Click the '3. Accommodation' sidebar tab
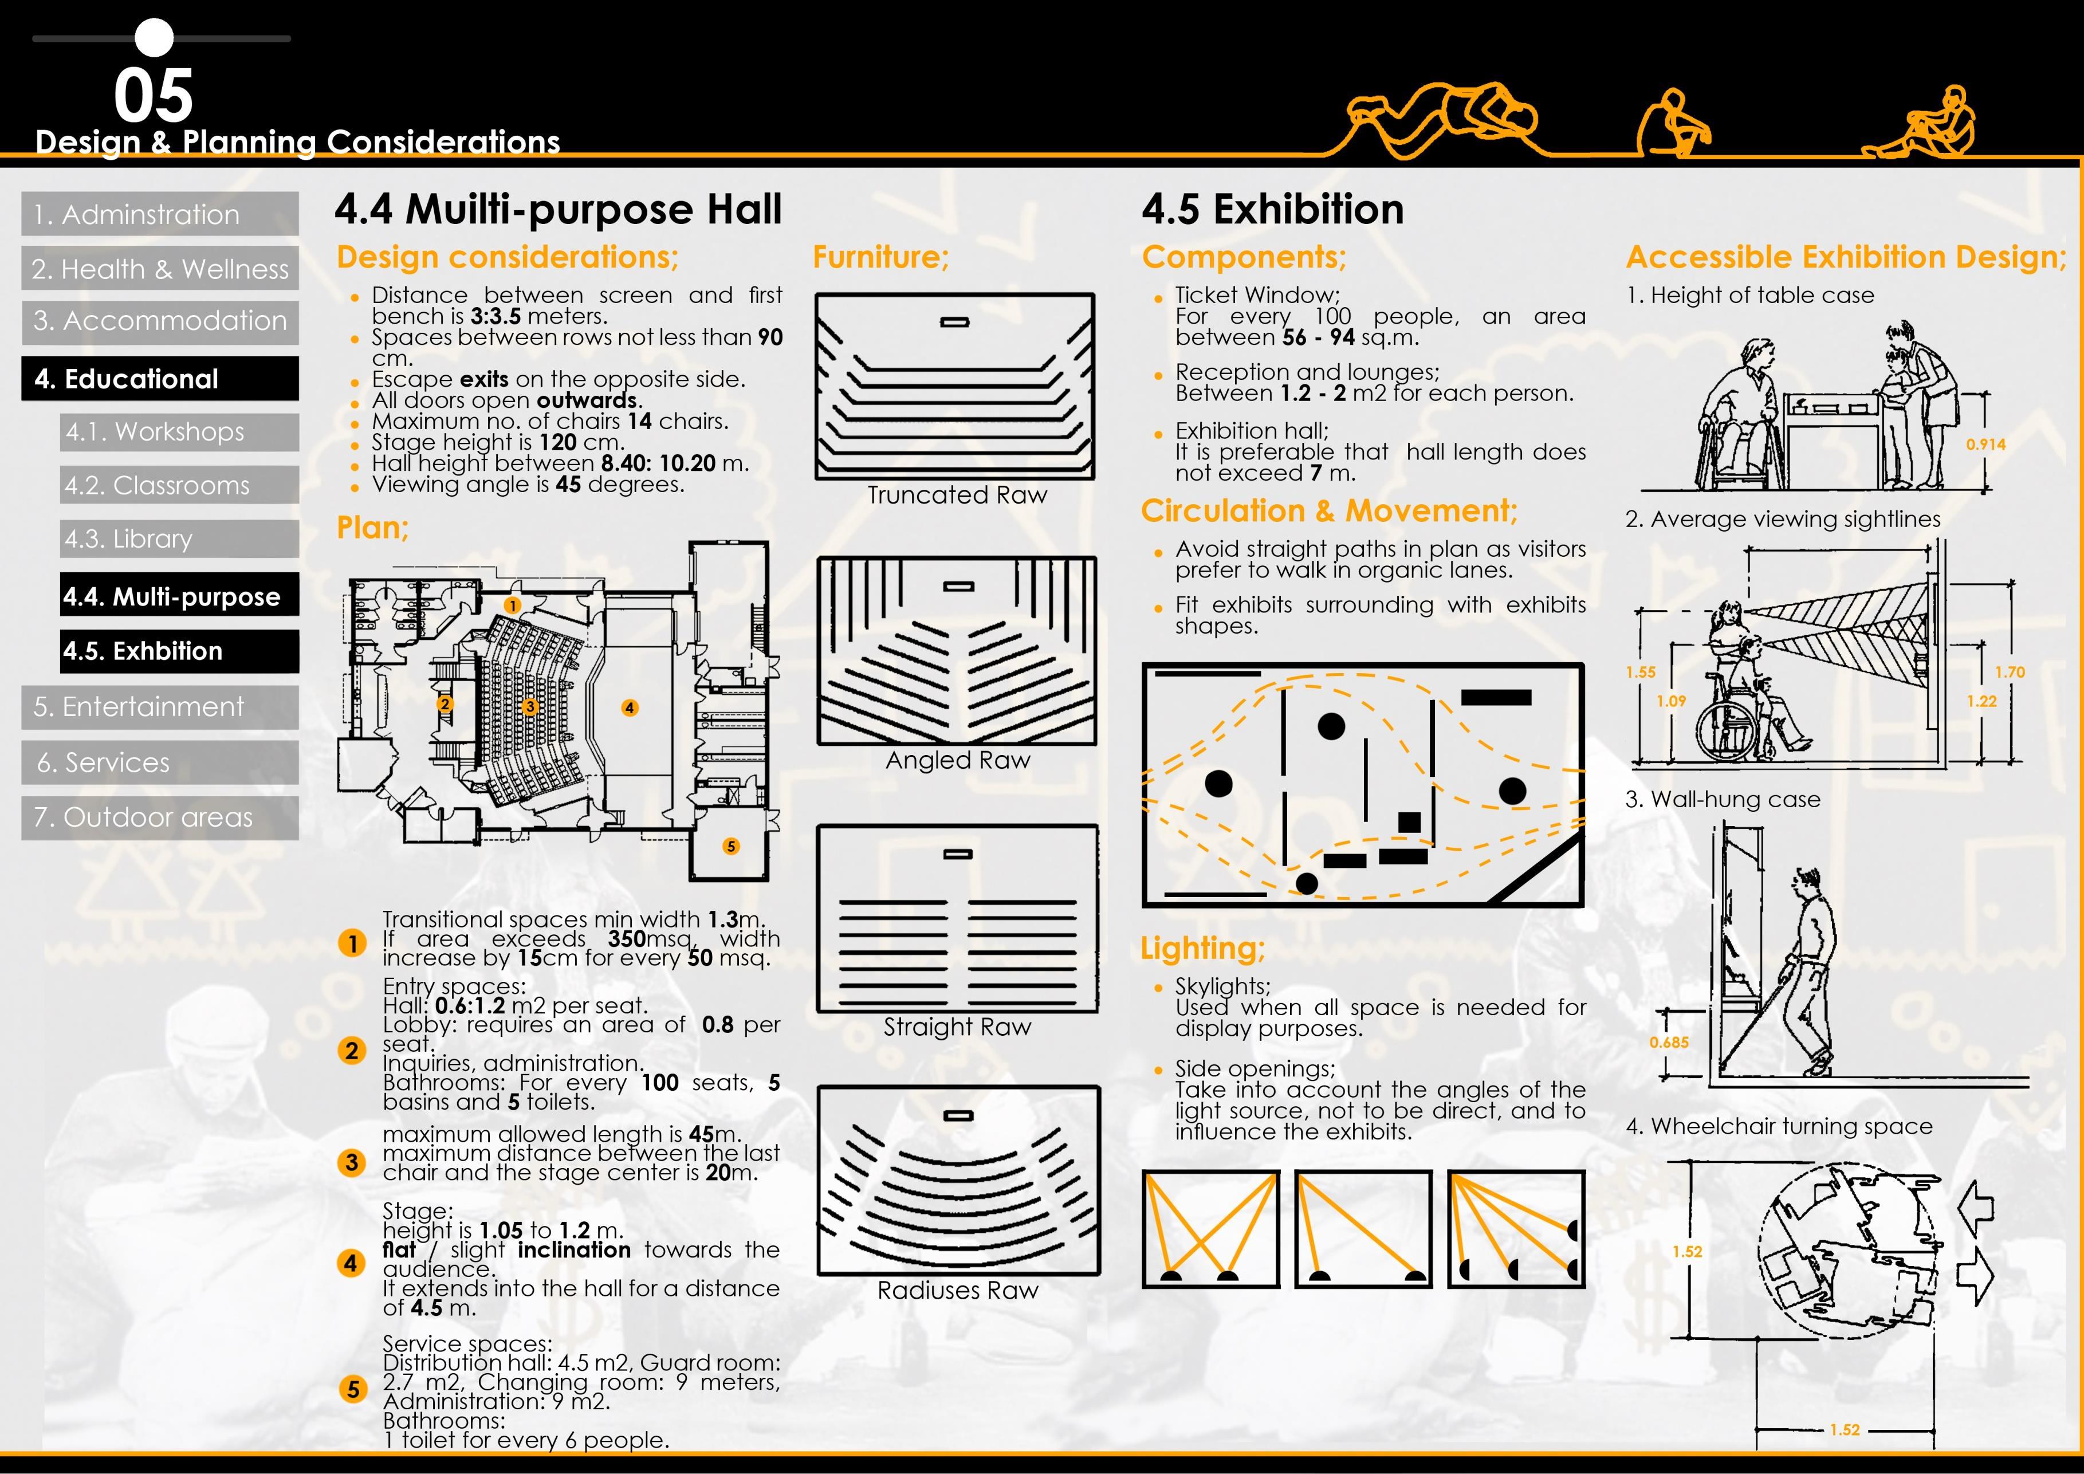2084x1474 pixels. pyautogui.click(x=160, y=321)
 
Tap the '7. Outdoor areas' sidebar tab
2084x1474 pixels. pyautogui.click(x=143, y=818)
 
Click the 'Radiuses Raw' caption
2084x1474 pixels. pyautogui.click(x=958, y=1291)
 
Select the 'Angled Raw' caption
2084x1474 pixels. pyautogui.click(x=958, y=761)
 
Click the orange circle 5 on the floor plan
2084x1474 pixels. pyautogui.click(x=731, y=847)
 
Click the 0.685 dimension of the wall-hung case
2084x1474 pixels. pyautogui.click(x=1668, y=1043)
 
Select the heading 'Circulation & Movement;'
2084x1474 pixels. pyautogui.click(x=1329, y=511)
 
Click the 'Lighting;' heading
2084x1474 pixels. pyautogui.click(x=1202, y=949)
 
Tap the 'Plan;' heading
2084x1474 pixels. pyautogui.click(x=372, y=528)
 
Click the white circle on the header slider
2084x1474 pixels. pyautogui.click(x=154, y=38)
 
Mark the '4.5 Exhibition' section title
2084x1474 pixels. pyautogui.click(x=1272, y=210)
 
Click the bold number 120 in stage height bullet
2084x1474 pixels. pyautogui.click(x=557, y=443)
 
